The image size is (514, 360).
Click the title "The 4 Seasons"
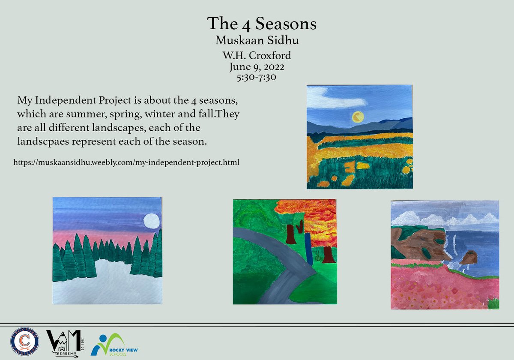click(262, 24)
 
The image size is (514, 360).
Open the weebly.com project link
click(126, 162)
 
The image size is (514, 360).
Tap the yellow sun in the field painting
click(357, 116)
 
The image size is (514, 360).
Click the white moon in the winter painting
click(151, 221)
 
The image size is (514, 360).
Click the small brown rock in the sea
click(469, 257)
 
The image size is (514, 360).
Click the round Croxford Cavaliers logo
click(24, 342)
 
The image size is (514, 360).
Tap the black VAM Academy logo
click(64, 343)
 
